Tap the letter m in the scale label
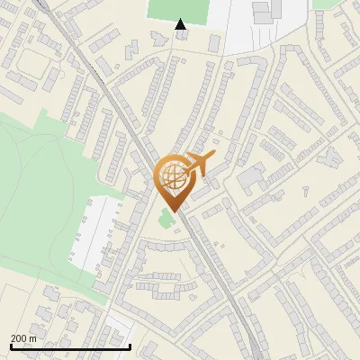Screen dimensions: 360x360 tap(32, 338)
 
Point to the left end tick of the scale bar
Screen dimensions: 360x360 tap(11, 346)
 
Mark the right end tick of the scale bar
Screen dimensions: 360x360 tap(130, 346)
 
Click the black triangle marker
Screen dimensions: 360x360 tap(181, 24)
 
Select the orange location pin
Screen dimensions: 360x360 tap(174, 180)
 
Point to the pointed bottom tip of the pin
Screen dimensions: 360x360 tap(173, 211)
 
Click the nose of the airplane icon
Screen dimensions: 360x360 tap(212, 157)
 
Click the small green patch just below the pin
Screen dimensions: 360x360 tap(166, 218)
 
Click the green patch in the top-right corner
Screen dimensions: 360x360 tap(328, 4)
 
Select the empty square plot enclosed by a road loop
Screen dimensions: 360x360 tap(34, 63)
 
